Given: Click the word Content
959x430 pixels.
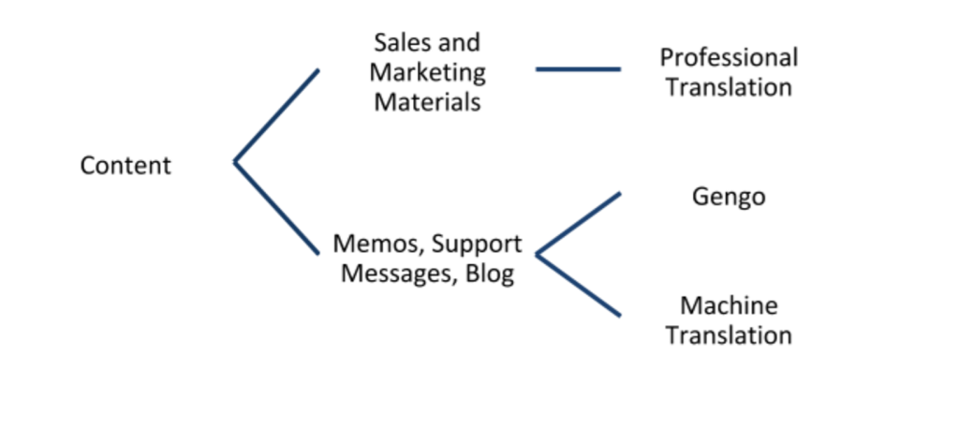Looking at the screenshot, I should [x=125, y=166].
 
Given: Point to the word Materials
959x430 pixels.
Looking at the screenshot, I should [x=427, y=102].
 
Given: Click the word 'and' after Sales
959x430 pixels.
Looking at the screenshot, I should [x=458, y=42].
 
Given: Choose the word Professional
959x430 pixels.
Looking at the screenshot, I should [x=729, y=58].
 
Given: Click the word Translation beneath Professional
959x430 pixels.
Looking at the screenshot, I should [x=729, y=87].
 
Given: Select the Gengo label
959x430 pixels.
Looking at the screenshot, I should [x=729, y=197].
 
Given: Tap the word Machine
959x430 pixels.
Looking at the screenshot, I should [x=729, y=305].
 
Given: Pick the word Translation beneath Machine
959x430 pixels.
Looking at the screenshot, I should [x=729, y=334].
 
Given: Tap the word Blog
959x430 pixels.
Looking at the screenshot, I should [x=489, y=275].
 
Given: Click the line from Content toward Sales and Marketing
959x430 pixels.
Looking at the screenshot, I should [x=277, y=114].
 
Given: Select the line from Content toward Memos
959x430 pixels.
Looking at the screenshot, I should [x=277, y=208].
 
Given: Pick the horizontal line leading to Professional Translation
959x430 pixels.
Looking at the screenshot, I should [x=578, y=69].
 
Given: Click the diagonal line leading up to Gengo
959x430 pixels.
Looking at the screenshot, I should [x=578, y=224].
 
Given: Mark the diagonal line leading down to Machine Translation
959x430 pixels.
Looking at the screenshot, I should [x=578, y=285].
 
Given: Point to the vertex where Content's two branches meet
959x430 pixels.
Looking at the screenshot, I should [x=235, y=162].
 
